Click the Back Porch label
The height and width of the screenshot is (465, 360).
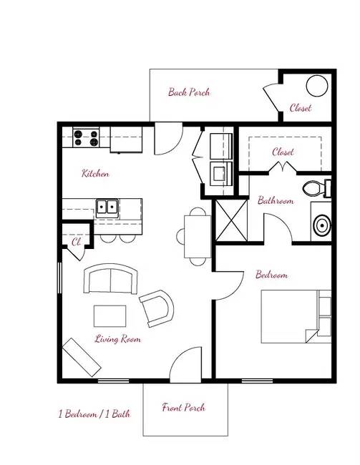click(189, 92)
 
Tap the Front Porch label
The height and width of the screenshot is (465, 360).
click(184, 408)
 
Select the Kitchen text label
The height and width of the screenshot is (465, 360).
click(95, 174)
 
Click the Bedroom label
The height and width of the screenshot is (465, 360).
click(272, 275)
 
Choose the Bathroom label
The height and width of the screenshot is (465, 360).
click(276, 200)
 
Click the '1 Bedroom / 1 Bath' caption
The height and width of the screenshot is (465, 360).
click(94, 413)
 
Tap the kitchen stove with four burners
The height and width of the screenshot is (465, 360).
click(85, 137)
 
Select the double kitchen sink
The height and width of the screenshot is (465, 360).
click(108, 207)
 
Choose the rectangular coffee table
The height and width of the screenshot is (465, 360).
click(110, 315)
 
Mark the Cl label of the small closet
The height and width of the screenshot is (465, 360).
click(75, 242)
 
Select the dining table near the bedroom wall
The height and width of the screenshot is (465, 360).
click(196, 236)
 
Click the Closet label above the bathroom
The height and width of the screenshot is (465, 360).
click(283, 152)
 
